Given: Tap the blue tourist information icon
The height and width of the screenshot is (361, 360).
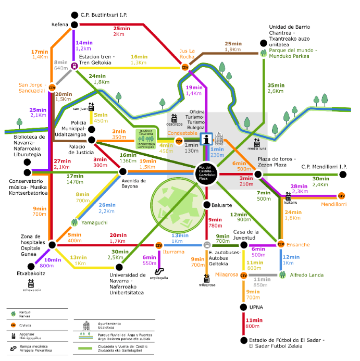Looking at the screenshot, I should pyautogui.click(x=207, y=139).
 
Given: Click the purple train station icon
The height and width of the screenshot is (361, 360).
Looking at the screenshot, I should pyautogui.click(x=75, y=66).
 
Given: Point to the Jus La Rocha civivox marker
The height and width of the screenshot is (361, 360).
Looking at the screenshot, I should pyautogui.click(x=184, y=67).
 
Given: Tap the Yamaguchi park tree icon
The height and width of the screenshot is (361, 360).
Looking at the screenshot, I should pyautogui.click(x=74, y=222).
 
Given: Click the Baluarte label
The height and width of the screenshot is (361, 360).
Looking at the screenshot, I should pyautogui.click(x=223, y=205).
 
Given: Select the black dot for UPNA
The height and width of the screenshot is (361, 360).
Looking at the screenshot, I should pyautogui.click(x=243, y=307).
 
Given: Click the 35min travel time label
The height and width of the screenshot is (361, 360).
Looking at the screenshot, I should pyautogui.click(x=276, y=85).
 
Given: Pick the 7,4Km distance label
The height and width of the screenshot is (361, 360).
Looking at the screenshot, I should pyautogui.click(x=320, y=185).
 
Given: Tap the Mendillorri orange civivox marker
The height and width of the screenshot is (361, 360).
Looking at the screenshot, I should pyautogui.click(x=342, y=195).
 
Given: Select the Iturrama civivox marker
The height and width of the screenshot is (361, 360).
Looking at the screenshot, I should pyautogui.click(x=159, y=245).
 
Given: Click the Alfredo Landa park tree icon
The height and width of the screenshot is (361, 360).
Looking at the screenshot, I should pyautogui.click(x=283, y=274).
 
